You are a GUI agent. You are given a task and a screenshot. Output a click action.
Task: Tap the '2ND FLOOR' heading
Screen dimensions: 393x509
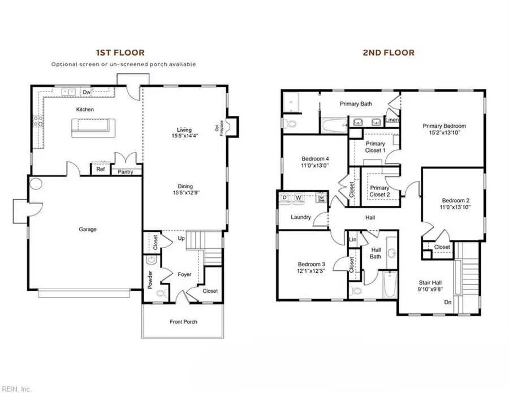point(388,53)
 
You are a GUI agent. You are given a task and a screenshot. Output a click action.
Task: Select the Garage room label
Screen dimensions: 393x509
point(87,230)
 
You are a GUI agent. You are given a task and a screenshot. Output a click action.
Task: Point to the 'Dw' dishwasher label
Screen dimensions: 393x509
point(87,92)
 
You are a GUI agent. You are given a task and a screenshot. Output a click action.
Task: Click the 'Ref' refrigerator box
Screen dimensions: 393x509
point(101,170)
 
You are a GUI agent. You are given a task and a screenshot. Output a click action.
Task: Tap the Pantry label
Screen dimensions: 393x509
point(126,171)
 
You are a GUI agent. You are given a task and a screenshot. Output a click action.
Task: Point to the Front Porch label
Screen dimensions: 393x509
point(184,322)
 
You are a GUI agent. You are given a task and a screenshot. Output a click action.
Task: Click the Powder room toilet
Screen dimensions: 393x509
point(159,293)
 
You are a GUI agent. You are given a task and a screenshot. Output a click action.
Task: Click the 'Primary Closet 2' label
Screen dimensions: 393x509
point(379,191)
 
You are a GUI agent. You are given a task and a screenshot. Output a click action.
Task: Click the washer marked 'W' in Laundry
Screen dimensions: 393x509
point(299,198)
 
